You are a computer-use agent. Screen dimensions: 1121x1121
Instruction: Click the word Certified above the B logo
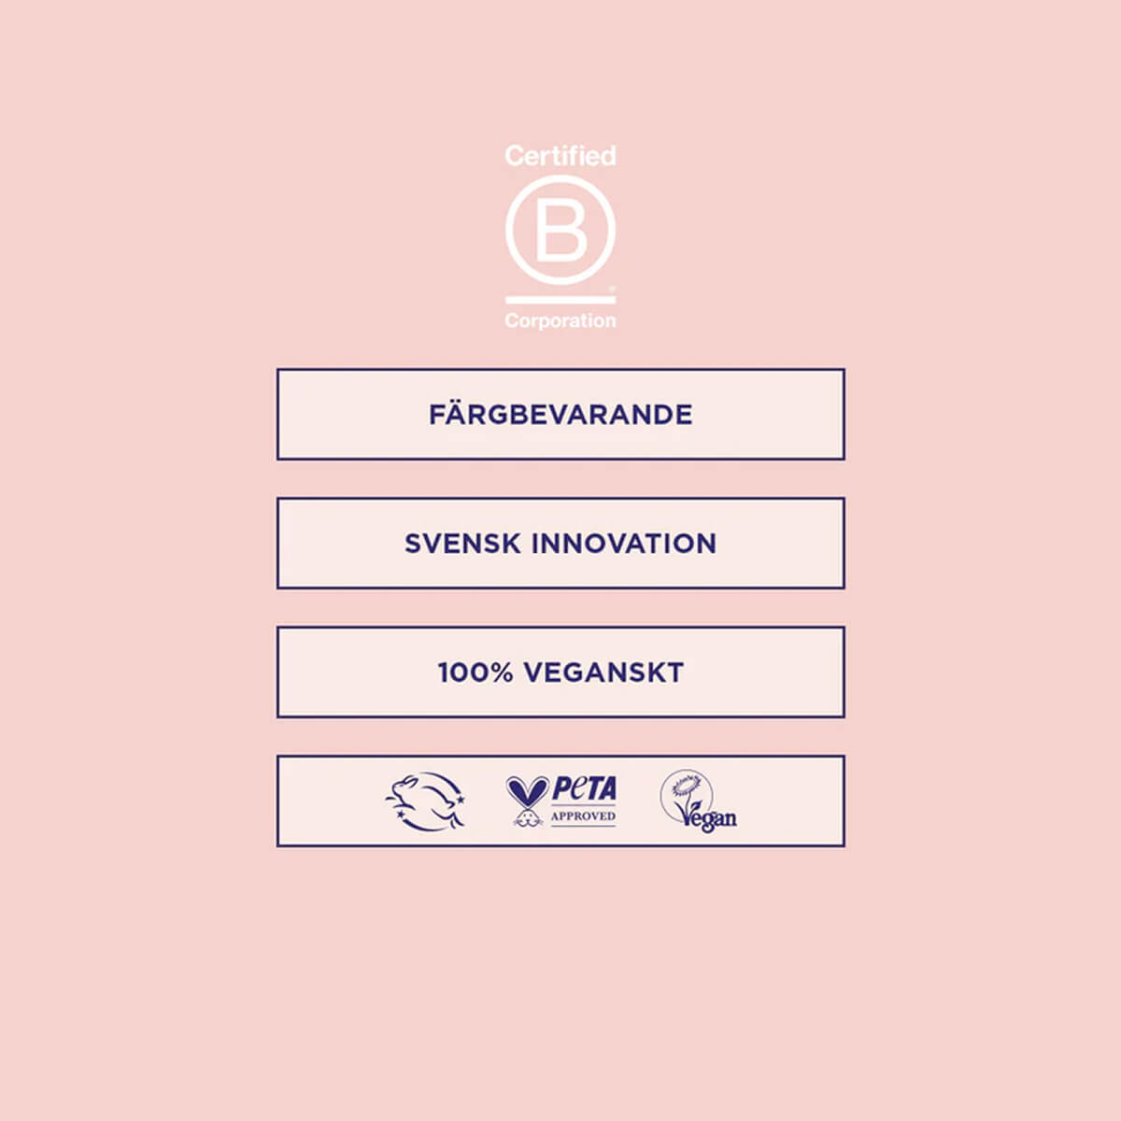(x=560, y=156)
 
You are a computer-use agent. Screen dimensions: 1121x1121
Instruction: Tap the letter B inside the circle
(x=561, y=229)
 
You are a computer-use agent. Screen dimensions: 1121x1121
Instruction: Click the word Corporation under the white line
(x=560, y=320)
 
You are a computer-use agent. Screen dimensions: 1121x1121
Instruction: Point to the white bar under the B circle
(x=560, y=300)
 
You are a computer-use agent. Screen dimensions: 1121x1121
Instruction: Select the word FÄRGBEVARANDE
(x=560, y=414)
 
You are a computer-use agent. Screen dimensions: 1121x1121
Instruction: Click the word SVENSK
(x=461, y=544)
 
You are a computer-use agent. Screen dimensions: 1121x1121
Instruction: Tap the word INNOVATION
(x=624, y=544)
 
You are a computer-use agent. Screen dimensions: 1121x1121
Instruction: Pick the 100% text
(x=475, y=673)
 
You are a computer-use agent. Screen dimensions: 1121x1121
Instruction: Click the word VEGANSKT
(x=603, y=673)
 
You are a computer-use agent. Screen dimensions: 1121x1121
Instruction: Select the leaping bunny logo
(x=425, y=801)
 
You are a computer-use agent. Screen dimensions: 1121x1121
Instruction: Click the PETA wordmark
(x=584, y=788)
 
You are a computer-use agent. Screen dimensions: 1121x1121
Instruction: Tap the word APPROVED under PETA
(x=583, y=816)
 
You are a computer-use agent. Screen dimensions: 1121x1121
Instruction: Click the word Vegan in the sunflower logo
(x=708, y=817)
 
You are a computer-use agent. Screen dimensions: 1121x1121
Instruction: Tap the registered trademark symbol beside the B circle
(x=611, y=288)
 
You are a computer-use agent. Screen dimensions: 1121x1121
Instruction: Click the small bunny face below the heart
(x=525, y=818)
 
